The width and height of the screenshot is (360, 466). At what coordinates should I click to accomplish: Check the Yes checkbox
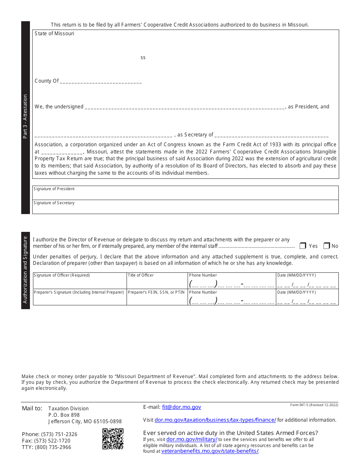pyautogui.click(x=303, y=246)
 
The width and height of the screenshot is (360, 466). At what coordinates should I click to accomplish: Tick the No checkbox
pyautogui.click(x=327, y=246)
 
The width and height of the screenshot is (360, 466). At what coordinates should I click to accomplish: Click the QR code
pyautogui.click(x=113, y=439)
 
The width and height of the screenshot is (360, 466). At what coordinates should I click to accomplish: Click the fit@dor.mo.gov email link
pyautogui.click(x=182, y=407)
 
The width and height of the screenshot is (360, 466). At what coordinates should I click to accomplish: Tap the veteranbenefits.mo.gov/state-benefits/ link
pyautogui.click(x=210, y=451)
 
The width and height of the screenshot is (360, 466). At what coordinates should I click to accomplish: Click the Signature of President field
pyautogui.click(x=185, y=194)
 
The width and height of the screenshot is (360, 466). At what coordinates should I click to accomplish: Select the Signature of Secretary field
pyautogui.click(x=185, y=208)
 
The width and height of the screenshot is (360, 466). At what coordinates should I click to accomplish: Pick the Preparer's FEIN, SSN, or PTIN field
pyautogui.click(x=157, y=299)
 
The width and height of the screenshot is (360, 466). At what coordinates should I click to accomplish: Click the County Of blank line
pyautogui.click(x=101, y=81)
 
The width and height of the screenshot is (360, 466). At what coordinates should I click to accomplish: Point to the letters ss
pyautogui.click(x=143, y=58)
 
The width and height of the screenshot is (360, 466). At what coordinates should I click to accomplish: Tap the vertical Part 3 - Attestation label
pyautogui.click(x=25, y=117)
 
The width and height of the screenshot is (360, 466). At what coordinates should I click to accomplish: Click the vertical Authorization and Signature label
pyautogui.click(x=25, y=270)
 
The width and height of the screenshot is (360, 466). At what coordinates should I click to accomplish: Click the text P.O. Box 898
pyautogui.click(x=64, y=415)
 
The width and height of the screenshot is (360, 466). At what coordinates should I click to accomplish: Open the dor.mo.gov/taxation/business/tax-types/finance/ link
pyautogui.click(x=215, y=420)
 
